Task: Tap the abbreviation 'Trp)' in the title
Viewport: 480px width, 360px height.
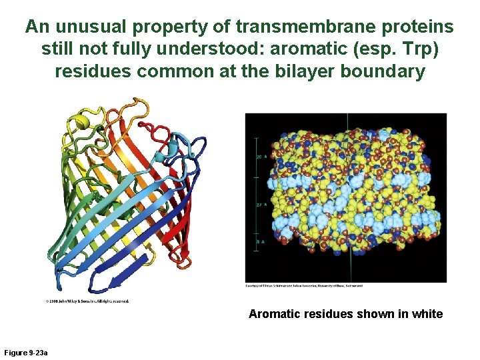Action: [x=426, y=49]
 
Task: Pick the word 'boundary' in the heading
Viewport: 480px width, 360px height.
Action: [x=385, y=71]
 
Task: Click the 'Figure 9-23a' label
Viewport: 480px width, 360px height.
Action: [x=25, y=352]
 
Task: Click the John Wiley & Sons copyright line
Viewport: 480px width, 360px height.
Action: [x=87, y=301]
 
